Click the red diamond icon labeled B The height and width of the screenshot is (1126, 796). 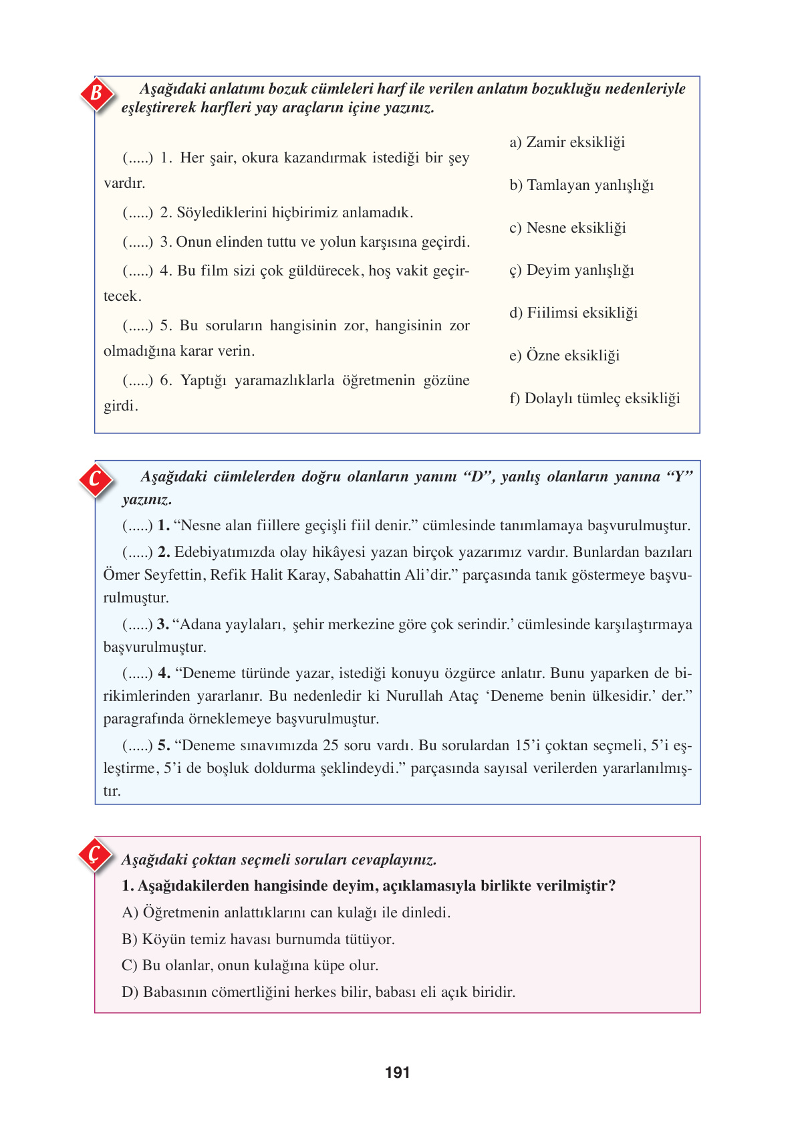(x=96, y=93)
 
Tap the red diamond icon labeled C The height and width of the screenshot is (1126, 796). (x=96, y=479)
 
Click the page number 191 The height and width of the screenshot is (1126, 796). (x=397, y=1073)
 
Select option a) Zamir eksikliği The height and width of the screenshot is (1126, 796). (x=567, y=142)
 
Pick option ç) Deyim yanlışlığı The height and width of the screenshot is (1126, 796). (x=571, y=270)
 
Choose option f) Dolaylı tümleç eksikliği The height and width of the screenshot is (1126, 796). (x=594, y=399)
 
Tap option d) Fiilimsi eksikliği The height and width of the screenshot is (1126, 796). (x=573, y=313)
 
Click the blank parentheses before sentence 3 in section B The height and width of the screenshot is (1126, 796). (x=137, y=242)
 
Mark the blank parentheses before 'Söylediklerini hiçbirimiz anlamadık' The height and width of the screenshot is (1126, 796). (x=137, y=213)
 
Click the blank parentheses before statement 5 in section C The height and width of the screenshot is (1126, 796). (x=137, y=746)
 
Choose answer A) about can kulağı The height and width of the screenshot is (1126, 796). (x=286, y=913)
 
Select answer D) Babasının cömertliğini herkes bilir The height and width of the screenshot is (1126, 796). (x=318, y=992)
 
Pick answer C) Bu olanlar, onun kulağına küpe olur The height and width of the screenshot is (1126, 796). (x=250, y=966)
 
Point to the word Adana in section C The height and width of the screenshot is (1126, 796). (x=201, y=625)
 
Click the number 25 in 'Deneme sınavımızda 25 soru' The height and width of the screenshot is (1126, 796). (x=330, y=746)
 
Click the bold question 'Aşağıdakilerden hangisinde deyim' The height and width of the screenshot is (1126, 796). (x=368, y=886)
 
